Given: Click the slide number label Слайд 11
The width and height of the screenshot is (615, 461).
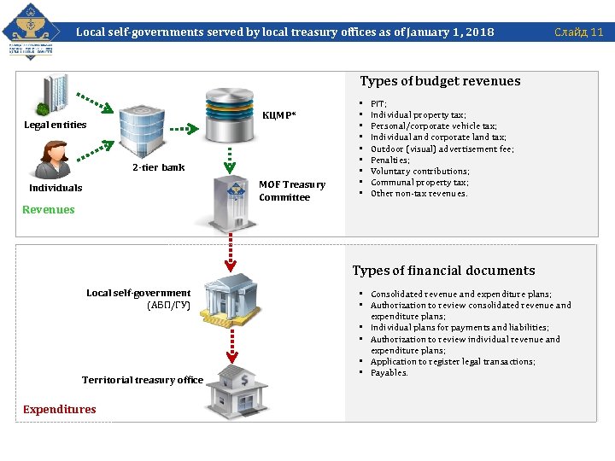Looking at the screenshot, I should (x=578, y=32).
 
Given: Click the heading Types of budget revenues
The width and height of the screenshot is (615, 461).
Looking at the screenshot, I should (x=440, y=81).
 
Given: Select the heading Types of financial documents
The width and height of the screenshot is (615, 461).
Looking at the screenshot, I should (x=443, y=271).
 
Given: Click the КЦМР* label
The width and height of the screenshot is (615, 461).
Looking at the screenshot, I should (x=279, y=114).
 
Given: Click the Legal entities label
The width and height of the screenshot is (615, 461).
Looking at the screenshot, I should (x=56, y=125).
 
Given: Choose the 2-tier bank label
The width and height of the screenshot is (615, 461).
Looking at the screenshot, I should (x=158, y=167).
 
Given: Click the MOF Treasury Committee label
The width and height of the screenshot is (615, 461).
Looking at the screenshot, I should (x=291, y=190).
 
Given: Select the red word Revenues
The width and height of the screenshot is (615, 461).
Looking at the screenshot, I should (x=49, y=210).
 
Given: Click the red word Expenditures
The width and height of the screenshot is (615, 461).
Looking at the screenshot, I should (x=60, y=410).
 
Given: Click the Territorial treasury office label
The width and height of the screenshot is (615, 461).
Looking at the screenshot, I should (x=143, y=380).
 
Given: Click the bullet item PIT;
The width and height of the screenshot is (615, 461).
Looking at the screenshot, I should (x=378, y=103).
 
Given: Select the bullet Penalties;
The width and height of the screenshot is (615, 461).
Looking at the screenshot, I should (x=389, y=160).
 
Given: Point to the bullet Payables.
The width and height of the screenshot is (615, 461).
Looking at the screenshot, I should (x=389, y=372).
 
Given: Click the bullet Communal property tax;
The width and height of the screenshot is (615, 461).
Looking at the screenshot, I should (x=419, y=182).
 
